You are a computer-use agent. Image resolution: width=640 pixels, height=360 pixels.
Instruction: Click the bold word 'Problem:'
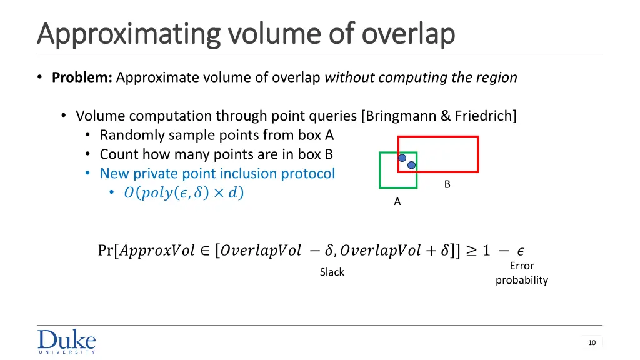[82, 77]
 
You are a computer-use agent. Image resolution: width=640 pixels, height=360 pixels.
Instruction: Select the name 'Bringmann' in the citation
[396, 116]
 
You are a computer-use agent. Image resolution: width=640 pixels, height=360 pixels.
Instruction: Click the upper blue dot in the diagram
[402, 158]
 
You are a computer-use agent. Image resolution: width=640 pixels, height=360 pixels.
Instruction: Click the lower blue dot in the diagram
[411, 166]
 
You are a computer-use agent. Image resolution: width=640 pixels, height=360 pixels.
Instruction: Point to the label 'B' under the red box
[447, 184]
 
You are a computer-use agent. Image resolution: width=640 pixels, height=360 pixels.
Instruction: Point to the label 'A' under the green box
[397, 202]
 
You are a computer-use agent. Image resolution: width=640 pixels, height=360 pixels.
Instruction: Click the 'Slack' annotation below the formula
[332, 272]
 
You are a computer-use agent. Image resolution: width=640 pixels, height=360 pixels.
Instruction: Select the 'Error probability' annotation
[521, 273]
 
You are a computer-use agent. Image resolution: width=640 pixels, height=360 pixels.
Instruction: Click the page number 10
[591, 342]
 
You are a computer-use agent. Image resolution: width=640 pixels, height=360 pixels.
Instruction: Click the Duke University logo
[66, 341]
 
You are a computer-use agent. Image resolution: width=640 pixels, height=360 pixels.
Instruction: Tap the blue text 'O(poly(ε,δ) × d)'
[184, 193]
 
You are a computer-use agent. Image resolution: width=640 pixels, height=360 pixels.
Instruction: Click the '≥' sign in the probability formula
[471, 251]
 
